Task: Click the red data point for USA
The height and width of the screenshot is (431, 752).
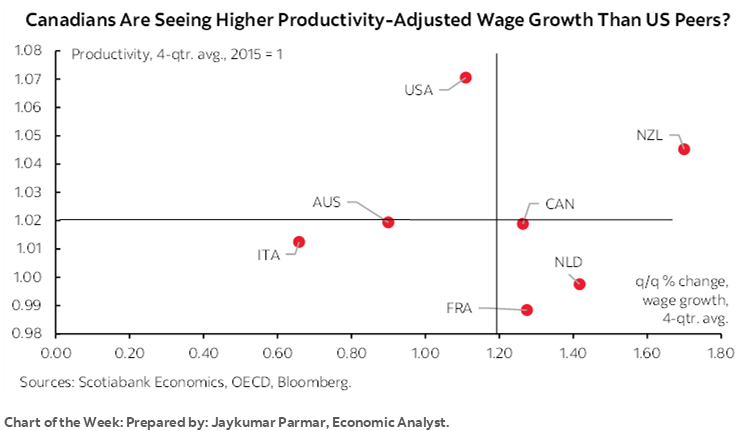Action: coord(465,78)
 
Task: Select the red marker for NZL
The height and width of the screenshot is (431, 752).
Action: coord(684,149)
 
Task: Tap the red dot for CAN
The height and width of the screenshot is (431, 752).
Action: coord(522,224)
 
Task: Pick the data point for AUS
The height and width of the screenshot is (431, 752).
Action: coord(388,222)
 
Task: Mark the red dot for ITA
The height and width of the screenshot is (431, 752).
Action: coord(299,242)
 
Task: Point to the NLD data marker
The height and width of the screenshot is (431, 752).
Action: coord(579,284)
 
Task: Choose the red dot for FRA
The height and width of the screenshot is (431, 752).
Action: coord(527,310)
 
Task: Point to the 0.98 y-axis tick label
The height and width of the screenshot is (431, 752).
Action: coord(26,334)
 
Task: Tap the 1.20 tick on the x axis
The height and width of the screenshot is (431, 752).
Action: coord(498,353)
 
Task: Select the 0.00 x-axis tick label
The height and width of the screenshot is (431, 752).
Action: coord(54,353)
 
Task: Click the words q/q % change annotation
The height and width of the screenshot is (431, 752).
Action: coord(678,283)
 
